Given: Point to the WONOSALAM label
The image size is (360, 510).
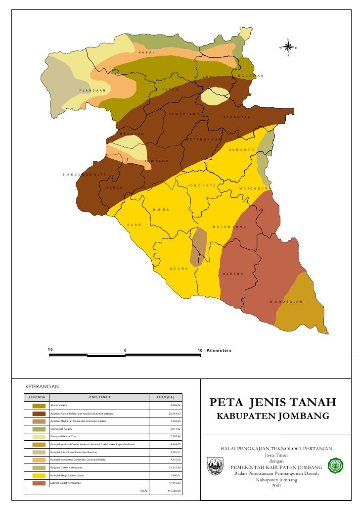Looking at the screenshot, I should click(x=286, y=301).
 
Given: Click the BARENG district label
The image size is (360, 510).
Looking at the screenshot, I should click(x=233, y=274).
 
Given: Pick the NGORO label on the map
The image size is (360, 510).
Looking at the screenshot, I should click(x=179, y=268).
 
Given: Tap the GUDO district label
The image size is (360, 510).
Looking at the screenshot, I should click(x=135, y=225).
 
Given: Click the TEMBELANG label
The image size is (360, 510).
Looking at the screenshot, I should click(x=184, y=114).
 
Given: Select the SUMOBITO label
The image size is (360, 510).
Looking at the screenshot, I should click(x=242, y=149).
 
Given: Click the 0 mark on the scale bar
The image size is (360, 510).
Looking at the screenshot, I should click(x=125, y=351).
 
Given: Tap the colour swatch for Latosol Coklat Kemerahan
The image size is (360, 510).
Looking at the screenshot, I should click(x=39, y=483).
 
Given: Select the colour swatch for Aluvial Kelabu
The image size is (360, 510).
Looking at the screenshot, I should click(x=39, y=406).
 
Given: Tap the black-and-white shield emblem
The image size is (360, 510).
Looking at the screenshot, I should click(x=216, y=466).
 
